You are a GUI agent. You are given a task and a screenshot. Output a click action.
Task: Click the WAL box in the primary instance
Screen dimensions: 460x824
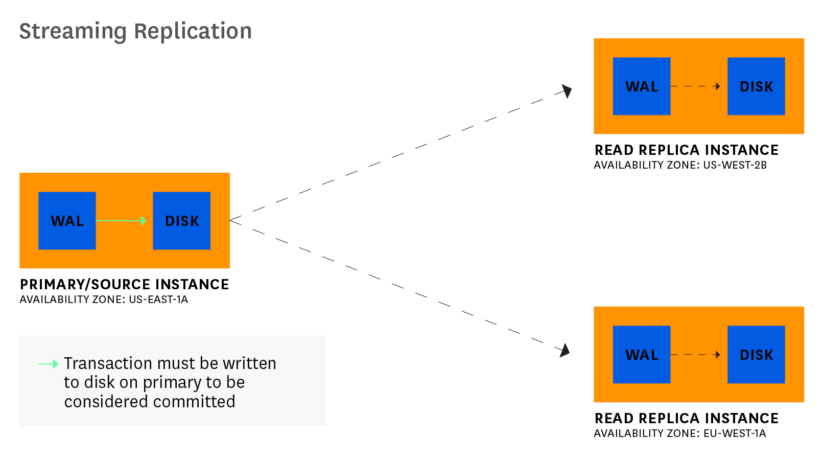(x=67, y=221)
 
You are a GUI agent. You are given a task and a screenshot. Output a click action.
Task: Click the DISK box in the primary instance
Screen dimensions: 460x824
(x=181, y=221)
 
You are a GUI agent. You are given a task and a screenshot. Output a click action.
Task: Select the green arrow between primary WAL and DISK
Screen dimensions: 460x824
(x=121, y=221)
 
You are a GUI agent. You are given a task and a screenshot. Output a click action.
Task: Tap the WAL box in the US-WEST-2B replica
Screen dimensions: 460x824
(x=641, y=86)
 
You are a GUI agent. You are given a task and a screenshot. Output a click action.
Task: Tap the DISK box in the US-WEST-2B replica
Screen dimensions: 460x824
(x=756, y=86)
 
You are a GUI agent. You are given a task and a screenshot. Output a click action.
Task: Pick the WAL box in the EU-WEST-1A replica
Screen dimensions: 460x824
(x=641, y=355)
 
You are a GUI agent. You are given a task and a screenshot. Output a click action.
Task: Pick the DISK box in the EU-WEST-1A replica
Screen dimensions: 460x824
(x=756, y=355)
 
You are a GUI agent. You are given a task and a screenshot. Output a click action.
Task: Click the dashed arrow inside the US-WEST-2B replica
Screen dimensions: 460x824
(x=696, y=86)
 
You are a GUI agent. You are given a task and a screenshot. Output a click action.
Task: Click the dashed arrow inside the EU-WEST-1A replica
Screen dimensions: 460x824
(x=696, y=355)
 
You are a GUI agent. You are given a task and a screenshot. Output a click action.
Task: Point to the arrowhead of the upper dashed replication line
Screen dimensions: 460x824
(x=567, y=91)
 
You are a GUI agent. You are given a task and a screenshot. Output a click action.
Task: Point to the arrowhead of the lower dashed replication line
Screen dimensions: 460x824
(x=564, y=351)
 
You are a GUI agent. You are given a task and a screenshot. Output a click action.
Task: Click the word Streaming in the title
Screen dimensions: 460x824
(x=73, y=31)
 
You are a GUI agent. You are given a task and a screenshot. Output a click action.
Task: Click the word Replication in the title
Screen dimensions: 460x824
(x=193, y=31)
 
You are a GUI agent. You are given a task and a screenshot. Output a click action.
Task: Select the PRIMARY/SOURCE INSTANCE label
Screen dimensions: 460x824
(x=124, y=284)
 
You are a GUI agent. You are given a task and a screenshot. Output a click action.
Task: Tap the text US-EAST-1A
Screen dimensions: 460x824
(x=158, y=300)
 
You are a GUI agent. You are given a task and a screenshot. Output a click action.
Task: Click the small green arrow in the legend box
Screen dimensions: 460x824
(x=49, y=364)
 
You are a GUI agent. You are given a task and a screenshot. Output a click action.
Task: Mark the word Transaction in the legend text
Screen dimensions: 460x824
(x=108, y=363)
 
